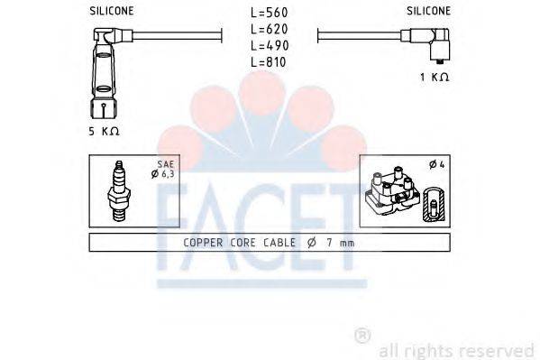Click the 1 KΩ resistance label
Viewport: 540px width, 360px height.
click(x=435, y=77)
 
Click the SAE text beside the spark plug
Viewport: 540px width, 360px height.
click(x=165, y=164)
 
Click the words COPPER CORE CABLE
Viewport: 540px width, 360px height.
click(x=234, y=243)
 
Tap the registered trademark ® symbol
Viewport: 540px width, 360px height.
click(x=362, y=336)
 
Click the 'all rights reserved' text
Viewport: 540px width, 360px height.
click(x=456, y=349)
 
